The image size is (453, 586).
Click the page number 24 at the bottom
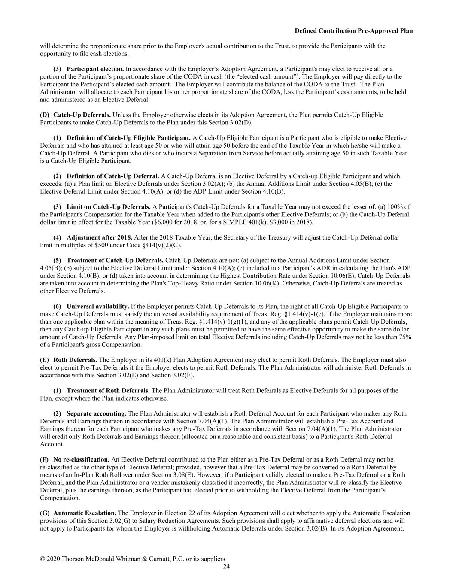(x=226, y=567)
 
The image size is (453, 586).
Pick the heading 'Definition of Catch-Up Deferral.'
(x=112, y=176)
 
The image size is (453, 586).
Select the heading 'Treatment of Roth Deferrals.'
(x=108, y=391)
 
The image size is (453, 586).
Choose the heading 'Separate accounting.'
(x=96, y=413)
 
